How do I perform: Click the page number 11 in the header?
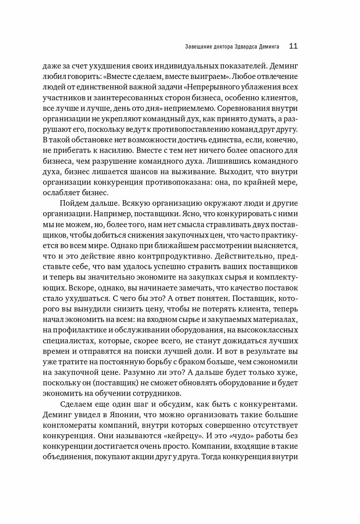[293, 46]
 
